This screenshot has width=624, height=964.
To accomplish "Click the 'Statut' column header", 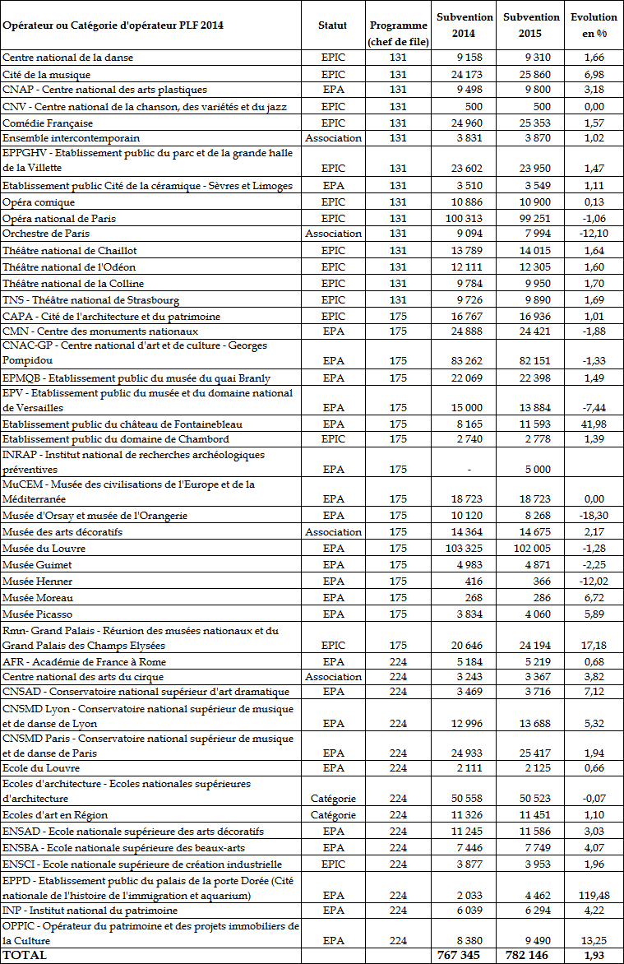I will [x=332, y=25].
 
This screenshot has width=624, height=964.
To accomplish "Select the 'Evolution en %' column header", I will [x=594, y=25].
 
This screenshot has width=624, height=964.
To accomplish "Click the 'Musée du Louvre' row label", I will [x=38, y=548].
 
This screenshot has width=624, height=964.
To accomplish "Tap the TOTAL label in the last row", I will [x=25, y=955].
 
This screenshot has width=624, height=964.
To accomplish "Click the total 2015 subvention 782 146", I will [x=531, y=955].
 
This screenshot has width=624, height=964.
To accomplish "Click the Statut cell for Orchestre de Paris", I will [x=332, y=234].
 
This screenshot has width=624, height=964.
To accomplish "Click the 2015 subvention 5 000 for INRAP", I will [x=538, y=469].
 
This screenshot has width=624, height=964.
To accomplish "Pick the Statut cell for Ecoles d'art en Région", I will [x=332, y=815].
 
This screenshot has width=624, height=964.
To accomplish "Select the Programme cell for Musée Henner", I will [x=398, y=581].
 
